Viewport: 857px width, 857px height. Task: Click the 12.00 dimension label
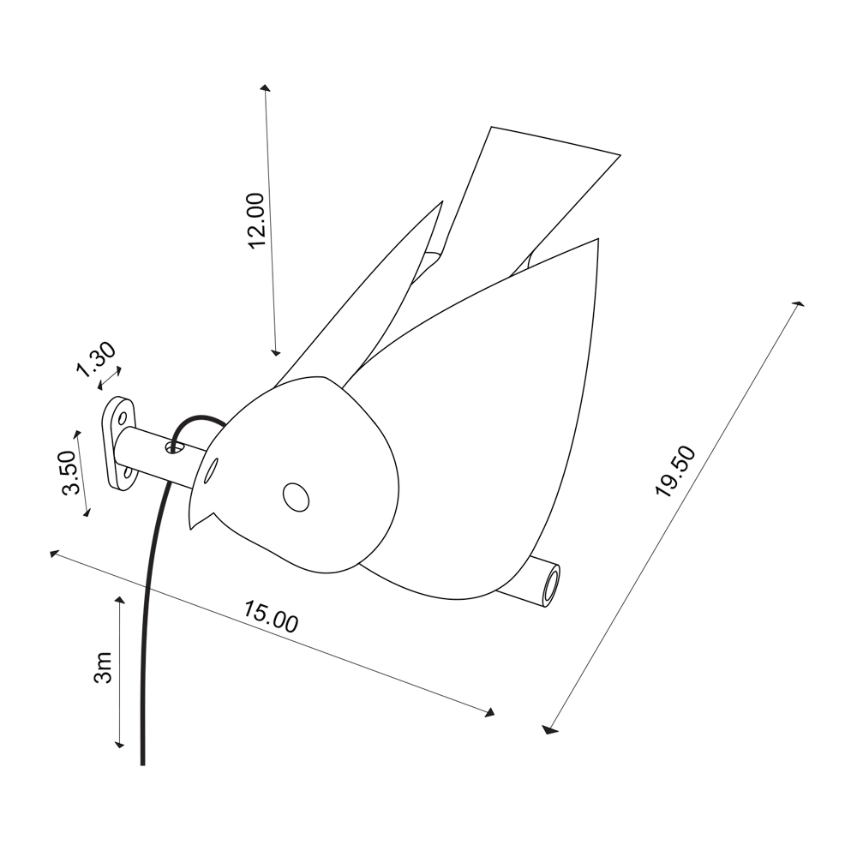coord(257,220)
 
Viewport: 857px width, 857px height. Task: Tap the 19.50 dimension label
coord(676,471)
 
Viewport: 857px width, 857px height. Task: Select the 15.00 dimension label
coord(271,617)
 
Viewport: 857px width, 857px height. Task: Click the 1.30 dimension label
coord(96,360)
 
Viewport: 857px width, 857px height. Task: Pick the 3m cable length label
coord(104,668)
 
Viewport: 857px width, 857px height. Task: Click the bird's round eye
coord(296,497)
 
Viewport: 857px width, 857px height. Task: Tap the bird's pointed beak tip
coord(191,529)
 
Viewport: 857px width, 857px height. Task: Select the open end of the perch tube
coord(551,584)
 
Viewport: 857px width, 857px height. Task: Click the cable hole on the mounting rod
coord(174,448)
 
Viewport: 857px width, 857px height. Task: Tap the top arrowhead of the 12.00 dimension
coord(265,87)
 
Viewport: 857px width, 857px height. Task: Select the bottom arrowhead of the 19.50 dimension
coord(548,729)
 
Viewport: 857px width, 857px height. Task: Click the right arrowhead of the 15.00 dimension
coord(490,711)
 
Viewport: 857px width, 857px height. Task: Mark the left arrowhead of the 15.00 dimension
coord(53,554)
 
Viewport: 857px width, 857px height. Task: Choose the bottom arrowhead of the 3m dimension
coord(120,744)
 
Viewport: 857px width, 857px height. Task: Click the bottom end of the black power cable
coord(142,764)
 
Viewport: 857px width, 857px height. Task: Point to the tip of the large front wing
coord(598,239)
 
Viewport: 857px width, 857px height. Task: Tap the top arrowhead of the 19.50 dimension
coord(799,303)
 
